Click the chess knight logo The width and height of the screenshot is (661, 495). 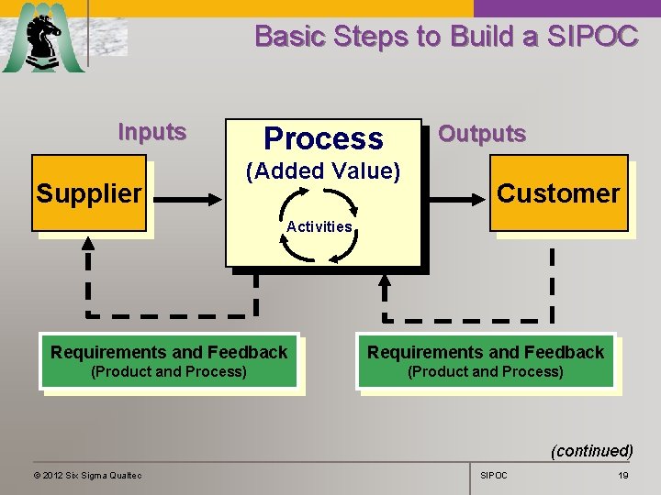[43, 39]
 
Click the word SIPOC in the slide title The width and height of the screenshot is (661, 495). [591, 37]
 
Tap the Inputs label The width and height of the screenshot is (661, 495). [152, 132]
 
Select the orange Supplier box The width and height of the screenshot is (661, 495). [89, 193]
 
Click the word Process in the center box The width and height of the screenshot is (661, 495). [323, 138]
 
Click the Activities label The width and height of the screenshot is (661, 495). [319, 226]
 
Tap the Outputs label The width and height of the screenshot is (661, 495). [482, 134]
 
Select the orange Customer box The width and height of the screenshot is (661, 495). [558, 193]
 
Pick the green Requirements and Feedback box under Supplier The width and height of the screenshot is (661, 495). [169, 360]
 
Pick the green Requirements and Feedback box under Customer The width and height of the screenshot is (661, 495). [486, 360]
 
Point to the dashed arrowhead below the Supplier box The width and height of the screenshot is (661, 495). [88, 244]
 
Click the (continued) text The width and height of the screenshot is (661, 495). [591, 450]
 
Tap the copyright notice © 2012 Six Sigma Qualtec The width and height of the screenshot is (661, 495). [87, 475]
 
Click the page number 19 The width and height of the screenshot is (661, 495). [623, 475]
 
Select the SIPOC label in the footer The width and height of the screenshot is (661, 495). [494, 475]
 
